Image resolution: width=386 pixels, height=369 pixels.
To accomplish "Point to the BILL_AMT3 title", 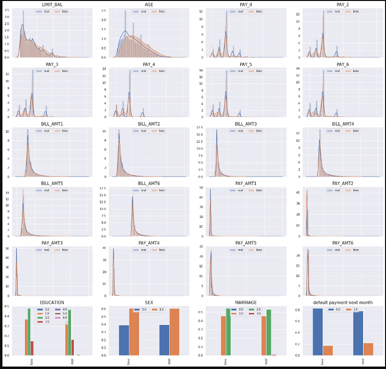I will pyautogui.click(x=246, y=123).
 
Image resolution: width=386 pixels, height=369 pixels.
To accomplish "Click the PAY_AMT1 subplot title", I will pyautogui.click(x=246, y=183).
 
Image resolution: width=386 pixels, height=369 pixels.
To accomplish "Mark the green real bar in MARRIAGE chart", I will pyautogui.click(x=268, y=332).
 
